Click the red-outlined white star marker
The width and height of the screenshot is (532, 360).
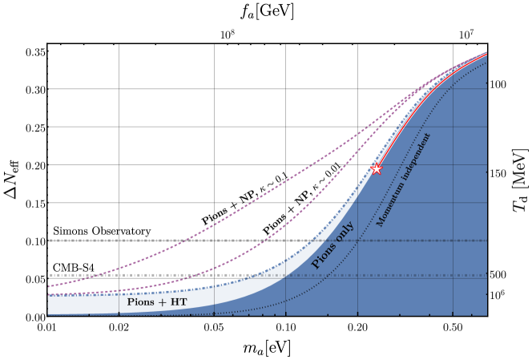(377, 168)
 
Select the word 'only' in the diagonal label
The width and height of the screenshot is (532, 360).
(345, 233)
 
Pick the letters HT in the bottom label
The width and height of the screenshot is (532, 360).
(179, 302)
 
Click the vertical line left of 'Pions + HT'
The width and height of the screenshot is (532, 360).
(119, 303)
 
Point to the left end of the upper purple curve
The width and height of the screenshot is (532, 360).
(50, 285)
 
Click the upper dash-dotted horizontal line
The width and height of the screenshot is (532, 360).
(401, 241)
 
